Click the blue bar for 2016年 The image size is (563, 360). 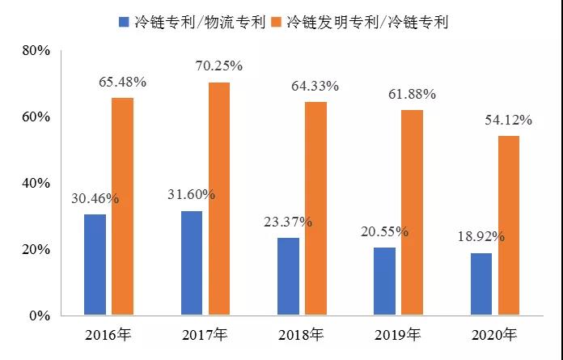[x=95, y=265]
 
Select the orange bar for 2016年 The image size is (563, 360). [x=122, y=206]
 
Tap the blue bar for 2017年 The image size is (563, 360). [x=192, y=263]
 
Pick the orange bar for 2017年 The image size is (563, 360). [x=219, y=198]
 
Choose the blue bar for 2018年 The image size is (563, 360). [x=288, y=276]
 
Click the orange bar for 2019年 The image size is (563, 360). [x=412, y=212]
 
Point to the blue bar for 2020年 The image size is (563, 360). [x=481, y=284]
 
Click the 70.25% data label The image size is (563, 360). [x=219, y=66]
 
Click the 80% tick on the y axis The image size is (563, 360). [x=36, y=50]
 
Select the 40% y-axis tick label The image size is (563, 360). [x=36, y=183]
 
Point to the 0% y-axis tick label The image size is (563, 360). [x=40, y=316]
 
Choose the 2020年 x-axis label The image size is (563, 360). [x=494, y=334]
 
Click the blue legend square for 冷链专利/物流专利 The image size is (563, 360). [x=124, y=22]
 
